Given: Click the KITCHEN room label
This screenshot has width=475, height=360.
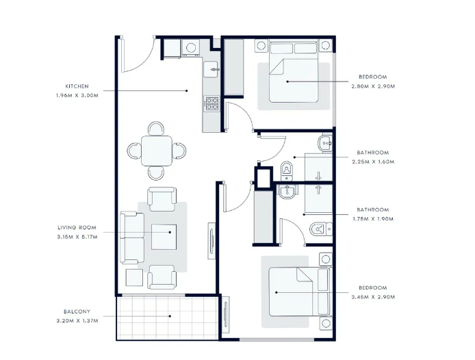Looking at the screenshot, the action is (77, 86).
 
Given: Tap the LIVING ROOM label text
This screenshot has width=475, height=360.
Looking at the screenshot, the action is (77, 228).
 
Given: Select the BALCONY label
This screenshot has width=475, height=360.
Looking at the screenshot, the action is (77, 311).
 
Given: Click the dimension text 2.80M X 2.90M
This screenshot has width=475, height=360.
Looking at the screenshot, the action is (373, 86).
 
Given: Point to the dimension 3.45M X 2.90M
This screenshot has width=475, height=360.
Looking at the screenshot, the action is (373, 297).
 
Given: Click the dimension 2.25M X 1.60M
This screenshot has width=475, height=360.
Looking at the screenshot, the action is (373, 162).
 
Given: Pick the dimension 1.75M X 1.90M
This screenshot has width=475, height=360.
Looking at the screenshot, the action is (373, 219).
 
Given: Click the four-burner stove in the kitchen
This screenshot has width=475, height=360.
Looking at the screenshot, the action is (211, 103).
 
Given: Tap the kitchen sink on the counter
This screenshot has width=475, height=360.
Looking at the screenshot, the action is (211, 69).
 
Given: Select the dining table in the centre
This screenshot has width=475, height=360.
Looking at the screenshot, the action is (157, 151).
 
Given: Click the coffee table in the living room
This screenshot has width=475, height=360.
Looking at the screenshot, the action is (164, 237).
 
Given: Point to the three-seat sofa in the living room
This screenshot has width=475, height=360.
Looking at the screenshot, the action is (132, 238).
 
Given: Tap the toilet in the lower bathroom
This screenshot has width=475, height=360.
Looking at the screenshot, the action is (321, 229).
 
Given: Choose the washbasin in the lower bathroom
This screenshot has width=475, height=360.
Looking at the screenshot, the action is (286, 192).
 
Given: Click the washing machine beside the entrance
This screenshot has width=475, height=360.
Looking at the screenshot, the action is (190, 48).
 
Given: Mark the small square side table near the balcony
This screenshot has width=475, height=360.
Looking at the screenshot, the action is (134, 277).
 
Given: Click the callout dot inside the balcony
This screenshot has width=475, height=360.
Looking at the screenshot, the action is (170, 316).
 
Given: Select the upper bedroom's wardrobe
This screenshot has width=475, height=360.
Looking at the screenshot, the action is (233, 66).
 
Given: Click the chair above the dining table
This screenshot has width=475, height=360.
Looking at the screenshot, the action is (156, 129).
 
